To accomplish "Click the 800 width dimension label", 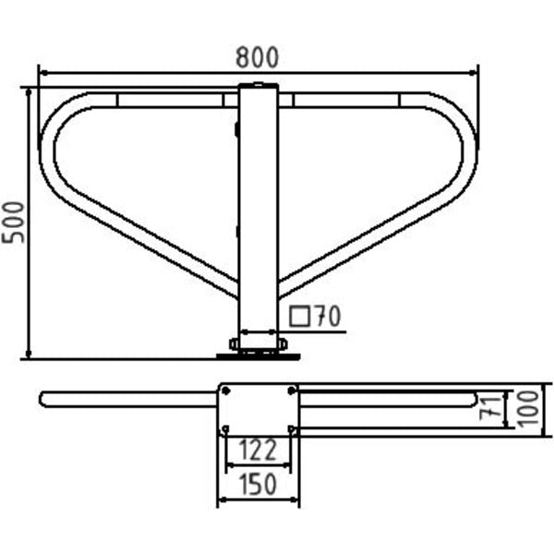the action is click(x=258, y=57).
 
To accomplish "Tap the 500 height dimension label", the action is click(x=13, y=223).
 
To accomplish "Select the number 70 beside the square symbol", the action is click(x=328, y=316).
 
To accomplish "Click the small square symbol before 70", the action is click(x=299, y=317).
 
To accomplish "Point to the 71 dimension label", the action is click(x=491, y=409).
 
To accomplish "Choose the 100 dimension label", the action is click(x=528, y=409).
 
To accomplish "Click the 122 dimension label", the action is click(x=258, y=451).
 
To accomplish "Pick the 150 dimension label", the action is click(x=258, y=484).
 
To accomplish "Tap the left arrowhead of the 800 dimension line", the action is click(x=43, y=73).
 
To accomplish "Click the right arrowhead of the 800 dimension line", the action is click(x=474, y=73).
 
